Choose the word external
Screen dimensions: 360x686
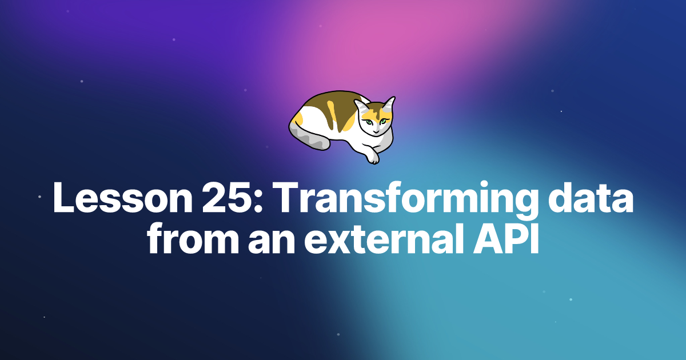[382, 241]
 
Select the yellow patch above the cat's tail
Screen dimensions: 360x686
[297, 118]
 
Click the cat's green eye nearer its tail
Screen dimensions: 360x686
[369, 122]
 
